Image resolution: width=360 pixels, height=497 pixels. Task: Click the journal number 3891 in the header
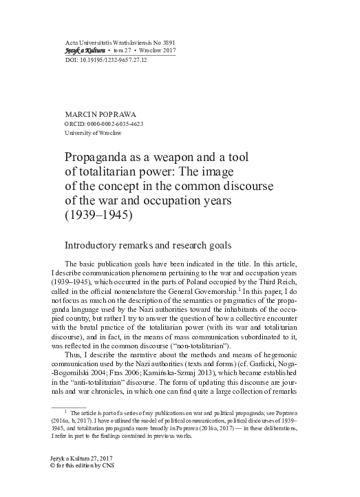(x=169, y=43)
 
